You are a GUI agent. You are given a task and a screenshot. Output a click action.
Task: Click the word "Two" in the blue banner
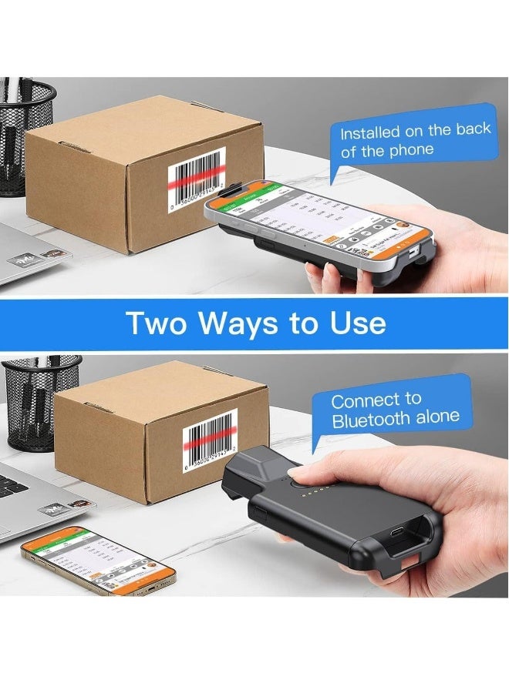pos(157,323)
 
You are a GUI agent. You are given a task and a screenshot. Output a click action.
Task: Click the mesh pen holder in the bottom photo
pos(39,400)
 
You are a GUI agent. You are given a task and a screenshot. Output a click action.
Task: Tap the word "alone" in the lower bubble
pos(437,417)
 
